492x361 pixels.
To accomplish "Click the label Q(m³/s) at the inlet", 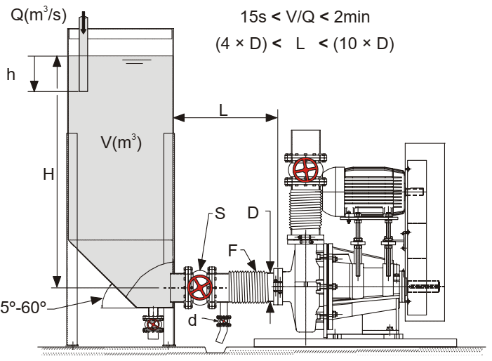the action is (39, 14).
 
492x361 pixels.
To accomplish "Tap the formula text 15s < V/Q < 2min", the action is (305, 17).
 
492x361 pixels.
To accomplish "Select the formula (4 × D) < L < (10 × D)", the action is (305, 44).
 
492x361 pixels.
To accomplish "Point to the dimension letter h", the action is (11, 74).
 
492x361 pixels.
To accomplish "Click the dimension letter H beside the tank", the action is (48, 174).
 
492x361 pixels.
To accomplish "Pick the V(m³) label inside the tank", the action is (121, 142).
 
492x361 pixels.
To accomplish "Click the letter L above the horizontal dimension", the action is (223, 110).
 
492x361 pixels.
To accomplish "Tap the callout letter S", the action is (220, 214).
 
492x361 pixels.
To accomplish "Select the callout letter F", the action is (232, 250).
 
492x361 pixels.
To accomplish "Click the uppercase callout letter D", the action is (253, 213).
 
